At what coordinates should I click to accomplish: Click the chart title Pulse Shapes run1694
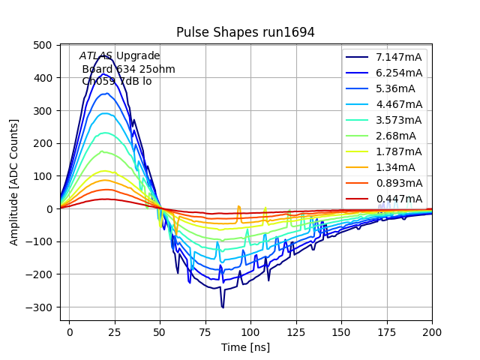[245, 32]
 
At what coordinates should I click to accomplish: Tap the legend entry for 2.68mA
[396, 136]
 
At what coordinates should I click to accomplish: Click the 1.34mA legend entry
[396, 167]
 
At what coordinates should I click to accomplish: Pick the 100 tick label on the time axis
[250, 331]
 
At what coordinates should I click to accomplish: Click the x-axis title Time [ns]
[245, 347]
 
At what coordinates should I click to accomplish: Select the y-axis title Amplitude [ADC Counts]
[14, 183]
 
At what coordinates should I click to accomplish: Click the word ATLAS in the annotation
[96, 56]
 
